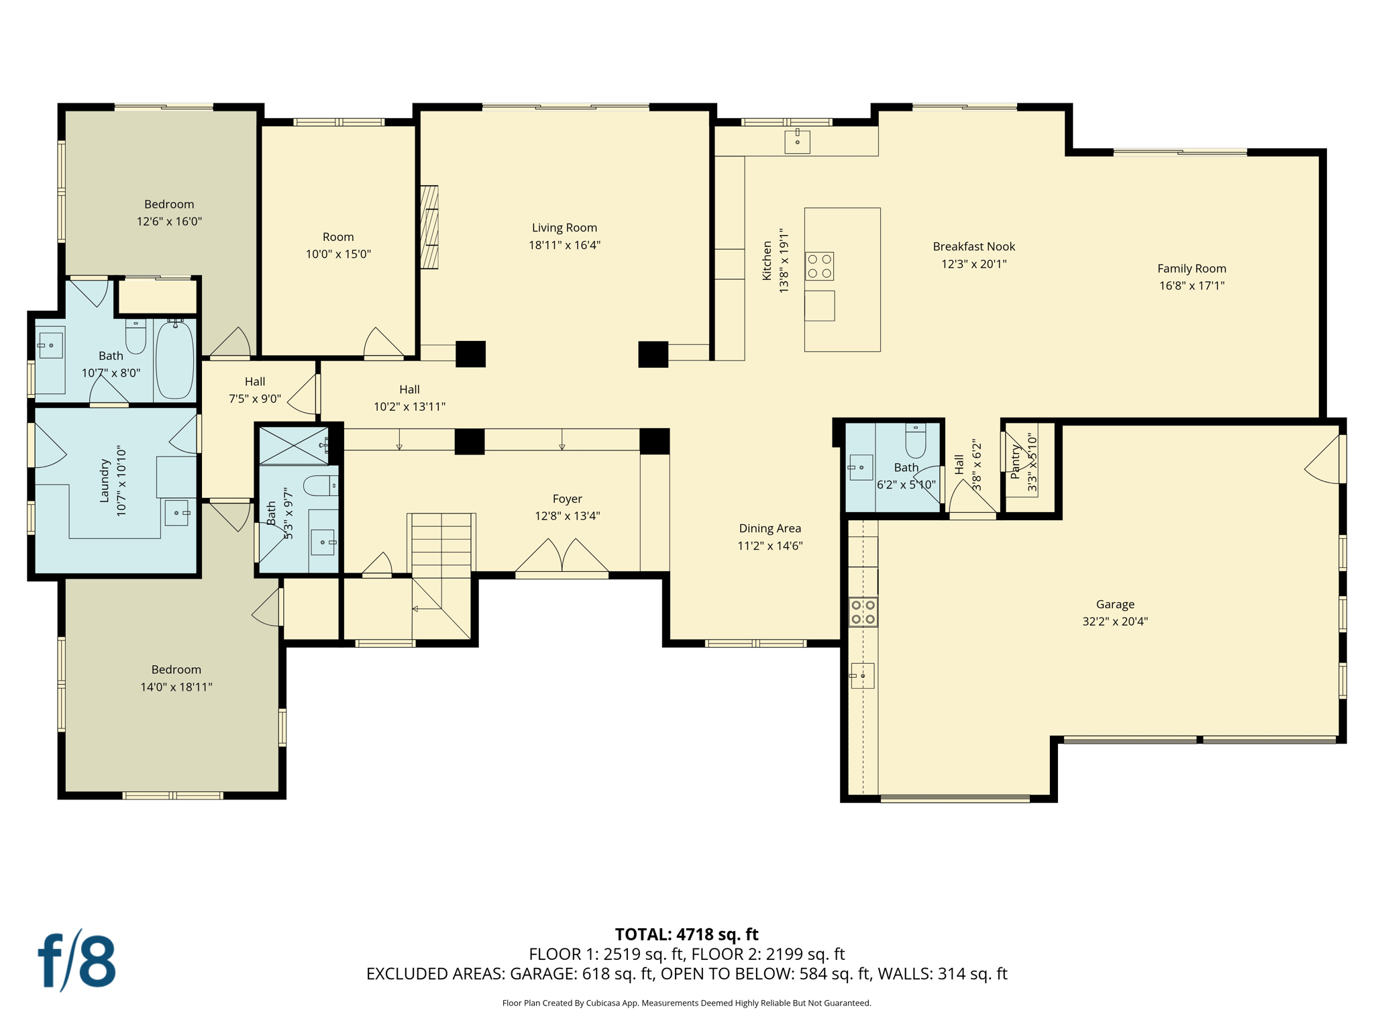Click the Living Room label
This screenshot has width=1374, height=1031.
coord(564,228)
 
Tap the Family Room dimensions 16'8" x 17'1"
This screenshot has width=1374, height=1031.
coord(1192,286)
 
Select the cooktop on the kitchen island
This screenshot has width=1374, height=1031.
coord(819,266)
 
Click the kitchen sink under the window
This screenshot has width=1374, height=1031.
coord(797,142)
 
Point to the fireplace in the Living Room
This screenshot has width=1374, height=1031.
coord(429,228)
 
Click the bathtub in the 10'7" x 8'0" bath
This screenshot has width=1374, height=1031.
coord(175,359)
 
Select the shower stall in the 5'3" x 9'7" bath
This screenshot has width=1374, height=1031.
coord(293,445)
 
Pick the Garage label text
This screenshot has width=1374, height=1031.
coord(1115,604)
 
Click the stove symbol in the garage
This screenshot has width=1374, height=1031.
coord(863,612)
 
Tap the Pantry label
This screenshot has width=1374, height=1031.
coord(1016,463)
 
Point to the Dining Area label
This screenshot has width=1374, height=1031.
coord(770,529)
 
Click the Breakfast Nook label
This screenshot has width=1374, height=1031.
coord(973,247)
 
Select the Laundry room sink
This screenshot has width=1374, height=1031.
coord(177,513)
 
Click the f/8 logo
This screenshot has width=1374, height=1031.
coord(76,961)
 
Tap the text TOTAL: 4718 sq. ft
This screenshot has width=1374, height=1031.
coord(686,934)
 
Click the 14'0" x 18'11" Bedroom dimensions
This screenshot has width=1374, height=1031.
coord(176,687)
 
